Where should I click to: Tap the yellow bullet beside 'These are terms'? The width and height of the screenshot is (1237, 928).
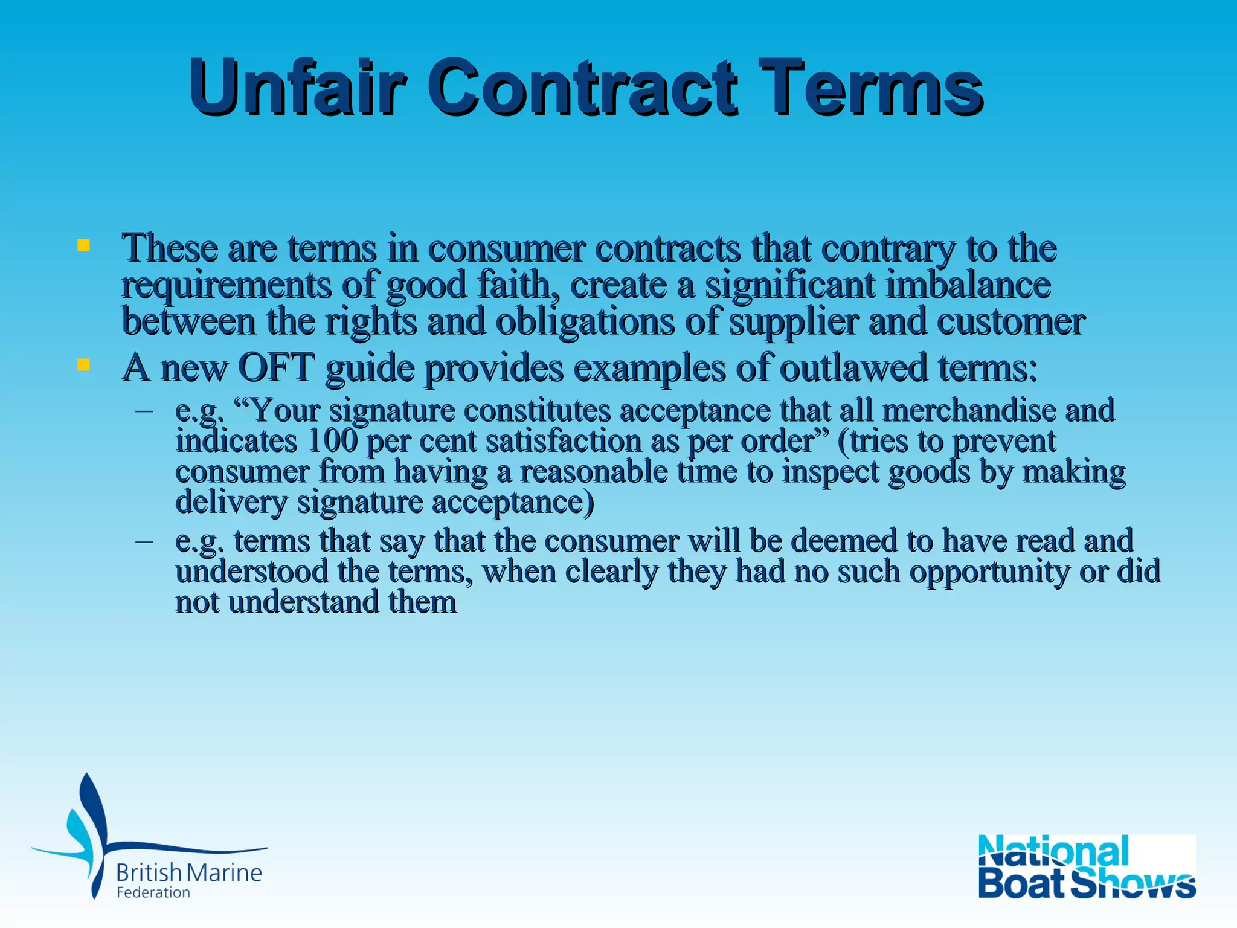(83, 245)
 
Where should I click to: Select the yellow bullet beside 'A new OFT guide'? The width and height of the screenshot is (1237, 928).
(83, 365)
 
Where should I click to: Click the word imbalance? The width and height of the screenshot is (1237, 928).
(968, 285)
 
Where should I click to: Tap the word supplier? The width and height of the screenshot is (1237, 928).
(794, 321)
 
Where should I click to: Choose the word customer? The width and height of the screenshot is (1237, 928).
(1010, 321)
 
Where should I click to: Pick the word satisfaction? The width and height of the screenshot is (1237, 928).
(564, 440)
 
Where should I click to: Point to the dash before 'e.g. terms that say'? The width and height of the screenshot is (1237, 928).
(144, 541)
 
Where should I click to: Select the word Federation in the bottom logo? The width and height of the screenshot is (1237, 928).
(153, 892)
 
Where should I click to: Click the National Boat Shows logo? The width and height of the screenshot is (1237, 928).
(1087, 866)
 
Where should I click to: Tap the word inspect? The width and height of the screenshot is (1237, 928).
(831, 471)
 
